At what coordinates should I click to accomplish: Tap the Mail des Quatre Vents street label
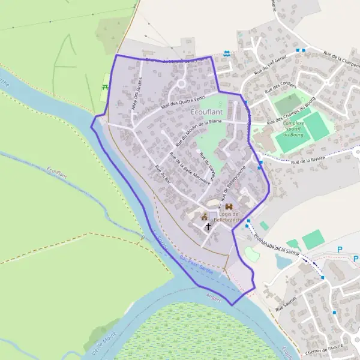click(x=182, y=102)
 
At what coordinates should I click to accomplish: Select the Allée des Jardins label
click(x=136, y=92)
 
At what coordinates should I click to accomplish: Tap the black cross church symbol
click(x=208, y=226)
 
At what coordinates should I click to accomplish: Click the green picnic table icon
click(x=105, y=88)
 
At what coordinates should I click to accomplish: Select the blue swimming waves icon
click(x=227, y=54)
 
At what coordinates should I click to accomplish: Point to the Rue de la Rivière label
click(x=307, y=160)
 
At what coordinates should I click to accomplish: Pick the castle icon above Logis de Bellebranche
click(x=229, y=206)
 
